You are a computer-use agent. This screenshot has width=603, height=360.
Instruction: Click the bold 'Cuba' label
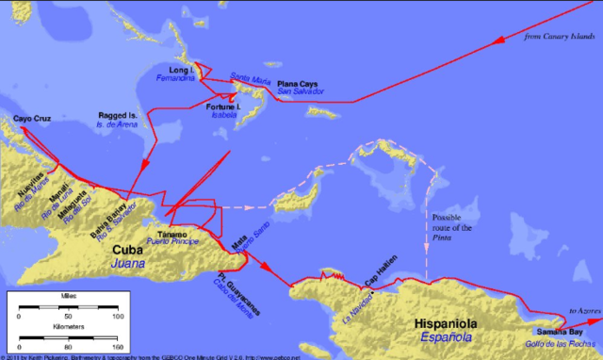point(128,250)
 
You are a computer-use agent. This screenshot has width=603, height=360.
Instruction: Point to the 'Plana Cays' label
point(298,85)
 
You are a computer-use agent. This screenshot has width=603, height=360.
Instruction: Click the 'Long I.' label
point(178,71)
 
